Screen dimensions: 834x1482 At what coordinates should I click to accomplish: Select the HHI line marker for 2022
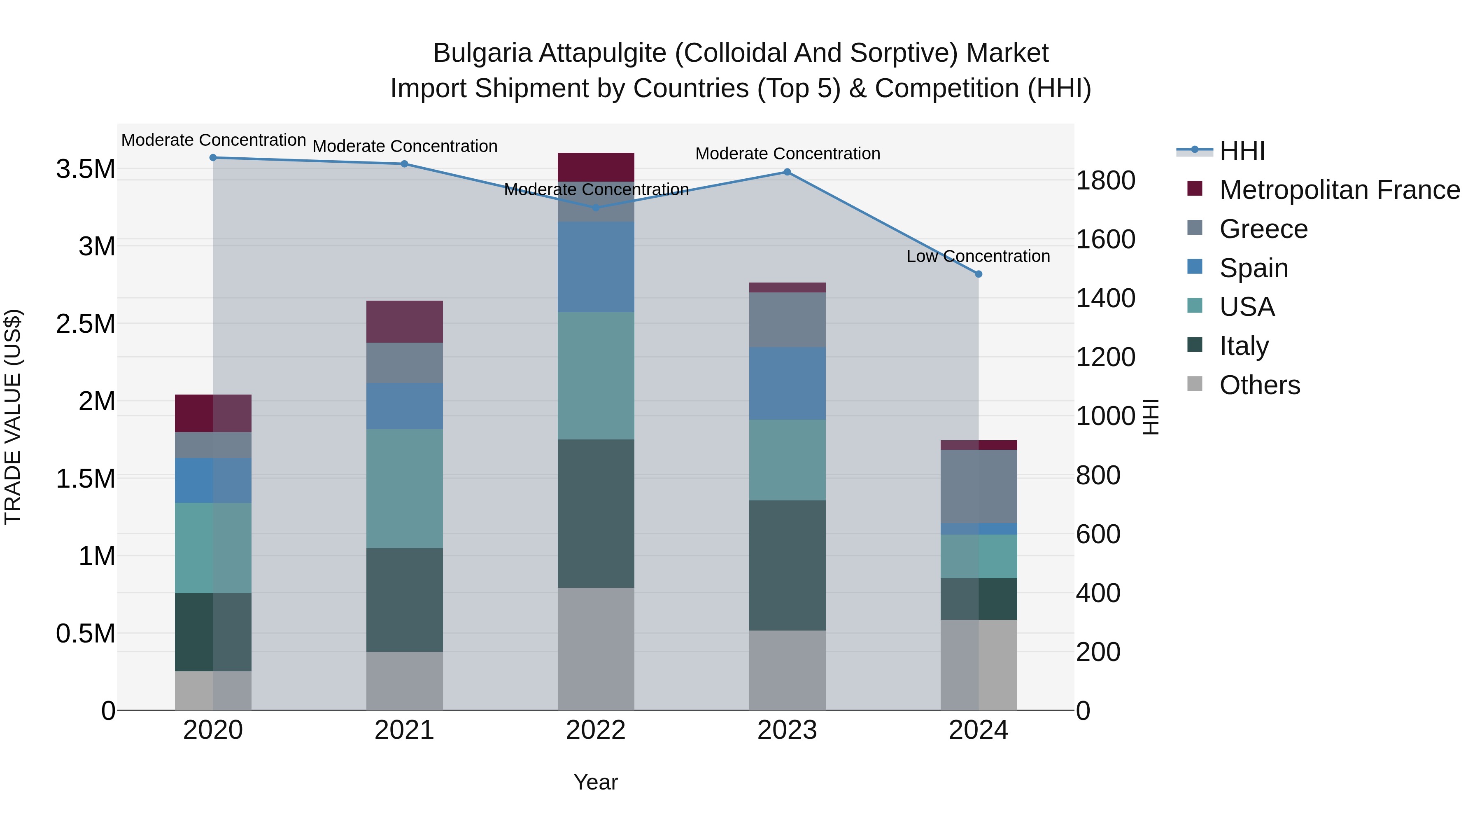(596, 208)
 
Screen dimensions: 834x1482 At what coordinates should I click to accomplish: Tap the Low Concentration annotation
(978, 256)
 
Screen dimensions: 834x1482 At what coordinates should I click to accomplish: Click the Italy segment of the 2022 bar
(596, 514)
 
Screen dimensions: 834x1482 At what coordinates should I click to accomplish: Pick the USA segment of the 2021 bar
(404, 488)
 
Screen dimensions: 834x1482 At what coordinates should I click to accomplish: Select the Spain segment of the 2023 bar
(787, 383)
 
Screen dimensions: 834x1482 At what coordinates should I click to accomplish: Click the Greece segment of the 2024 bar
(979, 486)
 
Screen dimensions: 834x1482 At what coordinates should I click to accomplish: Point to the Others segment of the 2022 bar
(596, 649)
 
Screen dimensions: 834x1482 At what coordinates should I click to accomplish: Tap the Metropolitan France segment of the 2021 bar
(404, 322)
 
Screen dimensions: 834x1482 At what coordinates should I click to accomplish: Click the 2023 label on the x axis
(787, 730)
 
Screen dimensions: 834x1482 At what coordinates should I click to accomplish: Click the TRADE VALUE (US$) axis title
(13, 417)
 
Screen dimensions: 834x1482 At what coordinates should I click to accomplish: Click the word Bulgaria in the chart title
(482, 54)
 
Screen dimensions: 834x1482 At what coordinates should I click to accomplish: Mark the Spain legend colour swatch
(1195, 267)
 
